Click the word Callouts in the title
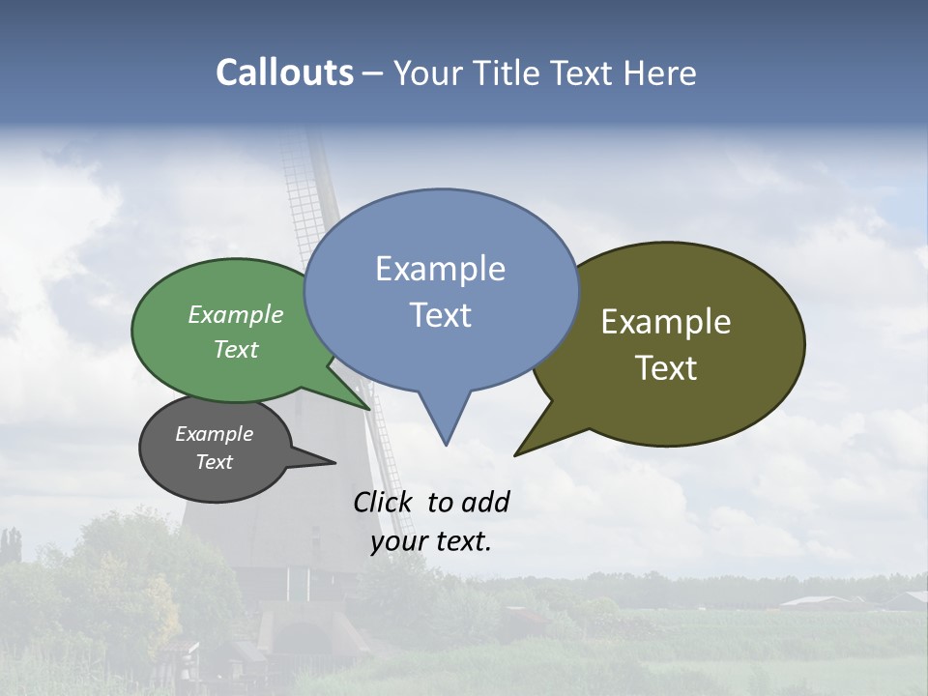(284, 72)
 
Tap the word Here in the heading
(659, 72)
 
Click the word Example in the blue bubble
(440, 269)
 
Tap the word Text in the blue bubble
(441, 315)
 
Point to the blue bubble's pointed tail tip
(446, 445)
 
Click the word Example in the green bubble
(236, 314)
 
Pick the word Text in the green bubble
(236, 349)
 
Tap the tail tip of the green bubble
(369, 409)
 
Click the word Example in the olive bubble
(666, 322)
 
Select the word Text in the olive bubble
(667, 368)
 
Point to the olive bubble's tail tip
(515, 455)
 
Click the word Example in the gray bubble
(214, 434)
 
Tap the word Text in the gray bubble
(214, 462)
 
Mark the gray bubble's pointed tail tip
(334, 462)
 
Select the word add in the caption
(485, 502)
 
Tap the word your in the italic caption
(397, 541)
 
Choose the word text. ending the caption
(460, 540)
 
